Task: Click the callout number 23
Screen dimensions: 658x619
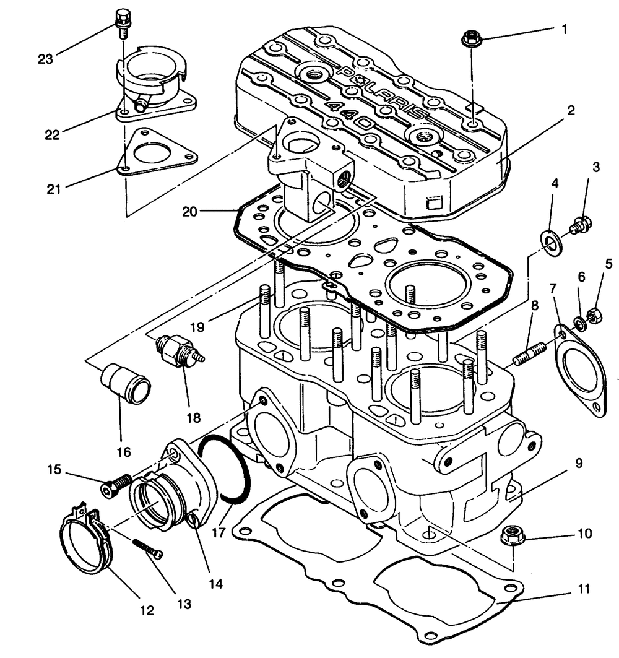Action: pyautogui.click(x=46, y=59)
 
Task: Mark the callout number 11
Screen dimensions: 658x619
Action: pyautogui.click(x=582, y=587)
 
